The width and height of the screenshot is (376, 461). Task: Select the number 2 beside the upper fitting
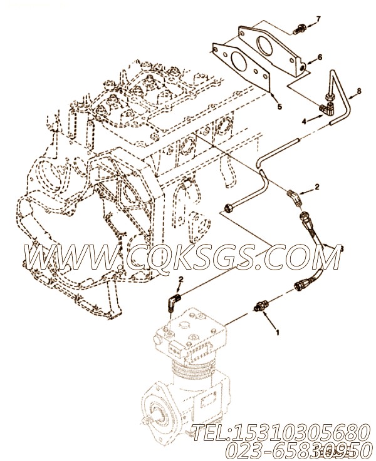click(x=317, y=187)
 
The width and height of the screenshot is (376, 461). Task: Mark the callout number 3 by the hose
click(x=342, y=248)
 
